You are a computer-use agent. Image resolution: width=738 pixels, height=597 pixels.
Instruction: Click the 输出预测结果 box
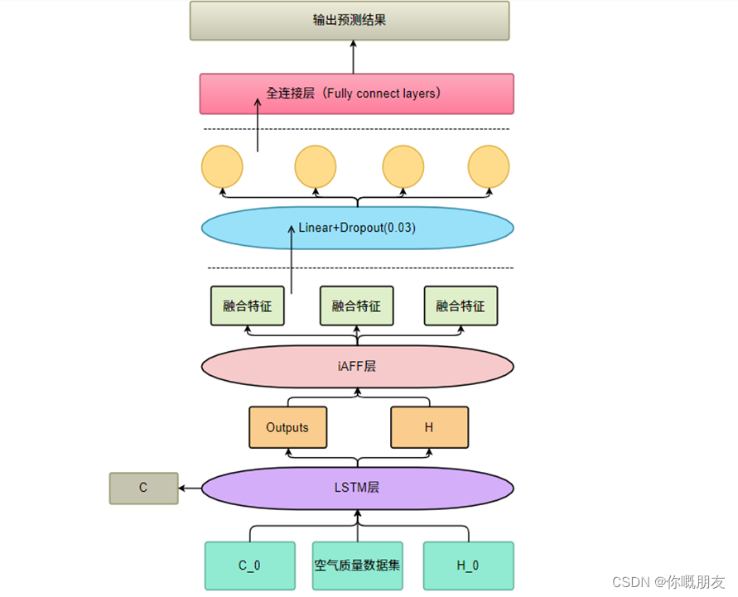pos(350,21)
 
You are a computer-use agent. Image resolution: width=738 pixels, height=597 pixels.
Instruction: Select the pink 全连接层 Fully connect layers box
pos(356,94)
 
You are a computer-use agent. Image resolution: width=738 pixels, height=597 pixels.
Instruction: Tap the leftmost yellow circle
pos(222,166)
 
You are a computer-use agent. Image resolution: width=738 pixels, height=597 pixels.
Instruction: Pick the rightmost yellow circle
pos(489,166)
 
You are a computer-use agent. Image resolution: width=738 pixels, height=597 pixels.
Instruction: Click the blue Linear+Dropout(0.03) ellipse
pos(357,227)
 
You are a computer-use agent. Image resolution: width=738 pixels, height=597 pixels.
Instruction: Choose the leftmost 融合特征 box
pos(247,306)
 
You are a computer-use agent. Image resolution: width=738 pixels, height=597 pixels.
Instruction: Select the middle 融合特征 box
pos(356,306)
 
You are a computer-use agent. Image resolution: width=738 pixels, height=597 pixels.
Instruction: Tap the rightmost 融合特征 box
pos(461,306)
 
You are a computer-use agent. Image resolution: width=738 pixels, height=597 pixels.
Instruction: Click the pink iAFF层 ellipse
pos(358,365)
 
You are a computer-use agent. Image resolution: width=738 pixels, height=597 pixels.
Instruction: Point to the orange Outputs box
pos(287,427)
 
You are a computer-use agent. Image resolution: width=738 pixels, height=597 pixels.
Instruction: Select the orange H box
pos(429,427)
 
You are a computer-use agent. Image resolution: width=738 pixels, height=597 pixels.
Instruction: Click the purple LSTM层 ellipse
pos(358,488)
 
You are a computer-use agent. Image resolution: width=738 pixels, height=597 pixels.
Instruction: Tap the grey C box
pos(143,489)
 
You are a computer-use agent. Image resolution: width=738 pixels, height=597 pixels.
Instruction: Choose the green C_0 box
pos(249,566)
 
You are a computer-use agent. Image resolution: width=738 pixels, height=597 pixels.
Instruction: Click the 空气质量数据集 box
pos(357,566)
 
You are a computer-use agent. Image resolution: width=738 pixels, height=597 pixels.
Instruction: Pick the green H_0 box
pos(467,566)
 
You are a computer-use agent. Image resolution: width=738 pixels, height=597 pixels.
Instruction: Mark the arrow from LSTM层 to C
pos(190,489)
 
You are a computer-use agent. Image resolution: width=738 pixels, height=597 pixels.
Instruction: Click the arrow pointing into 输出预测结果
pos(353,56)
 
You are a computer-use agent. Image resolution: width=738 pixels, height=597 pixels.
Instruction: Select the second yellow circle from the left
pos(316,166)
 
